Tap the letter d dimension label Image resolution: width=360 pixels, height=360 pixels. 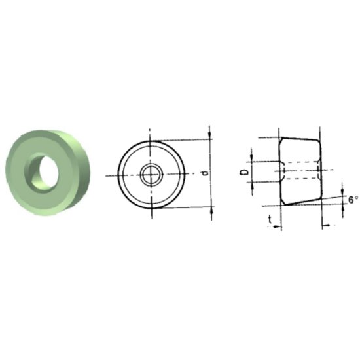click(206, 173)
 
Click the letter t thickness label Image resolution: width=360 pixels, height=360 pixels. click(270, 221)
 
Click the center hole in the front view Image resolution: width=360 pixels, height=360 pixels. click(152, 173)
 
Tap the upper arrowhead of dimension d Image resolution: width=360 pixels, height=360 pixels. click(210, 134)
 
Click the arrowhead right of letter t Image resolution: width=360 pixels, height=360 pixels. click(278, 226)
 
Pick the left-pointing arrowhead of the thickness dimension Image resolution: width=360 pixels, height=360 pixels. click(325, 226)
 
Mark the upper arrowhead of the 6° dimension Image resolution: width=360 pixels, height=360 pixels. click(344, 190)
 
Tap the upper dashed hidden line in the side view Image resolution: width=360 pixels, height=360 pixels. click(301, 162)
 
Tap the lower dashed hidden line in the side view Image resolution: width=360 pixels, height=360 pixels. click(301, 179)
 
